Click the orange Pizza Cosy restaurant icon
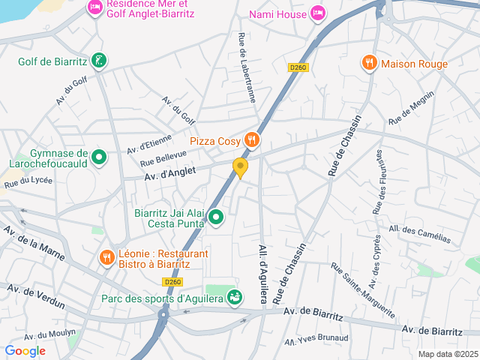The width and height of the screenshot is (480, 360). (x=251, y=139)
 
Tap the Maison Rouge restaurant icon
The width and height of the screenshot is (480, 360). (x=368, y=63)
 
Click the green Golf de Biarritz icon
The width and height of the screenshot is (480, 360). (x=97, y=60)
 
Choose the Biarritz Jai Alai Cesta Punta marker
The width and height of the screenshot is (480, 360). (x=216, y=217)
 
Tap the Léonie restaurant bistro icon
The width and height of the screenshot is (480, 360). (x=106, y=258)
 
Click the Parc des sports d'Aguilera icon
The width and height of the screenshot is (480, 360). (x=235, y=298)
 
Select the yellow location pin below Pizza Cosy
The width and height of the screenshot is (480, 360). (x=240, y=167)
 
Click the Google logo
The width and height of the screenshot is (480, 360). (x=25, y=350)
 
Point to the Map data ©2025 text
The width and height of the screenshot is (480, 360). (x=447, y=354)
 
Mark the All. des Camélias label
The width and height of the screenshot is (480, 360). (x=420, y=233)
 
